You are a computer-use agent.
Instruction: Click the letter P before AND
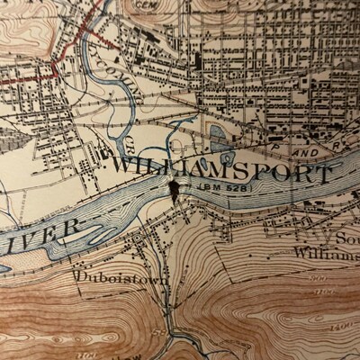pyautogui.click(x=275, y=141)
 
